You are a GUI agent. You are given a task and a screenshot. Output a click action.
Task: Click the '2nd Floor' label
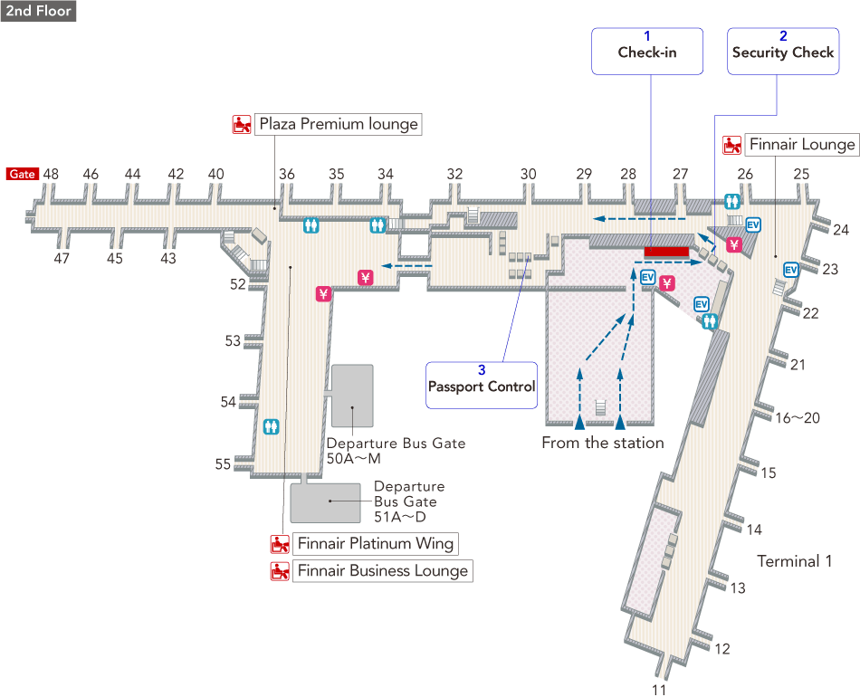coord(38,11)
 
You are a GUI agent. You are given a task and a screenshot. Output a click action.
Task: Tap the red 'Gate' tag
coord(23,174)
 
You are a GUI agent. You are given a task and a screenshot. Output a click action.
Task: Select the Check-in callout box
coord(647,51)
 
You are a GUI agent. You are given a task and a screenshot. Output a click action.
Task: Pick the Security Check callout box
coord(783,51)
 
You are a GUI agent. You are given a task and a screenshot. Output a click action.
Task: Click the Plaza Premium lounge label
coord(339,124)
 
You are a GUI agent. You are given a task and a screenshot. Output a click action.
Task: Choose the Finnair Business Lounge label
coord(383,571)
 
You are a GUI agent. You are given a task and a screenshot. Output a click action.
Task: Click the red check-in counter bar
coord(666,251)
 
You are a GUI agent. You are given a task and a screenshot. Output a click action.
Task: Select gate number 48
coord(52,174)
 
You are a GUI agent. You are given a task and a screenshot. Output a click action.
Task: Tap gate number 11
coord(658,690)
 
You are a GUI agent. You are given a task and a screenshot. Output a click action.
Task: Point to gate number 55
coord(223,464)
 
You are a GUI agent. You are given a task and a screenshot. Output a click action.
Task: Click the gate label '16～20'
coord(798,418)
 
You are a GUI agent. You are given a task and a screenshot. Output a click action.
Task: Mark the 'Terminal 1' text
coord(794,561)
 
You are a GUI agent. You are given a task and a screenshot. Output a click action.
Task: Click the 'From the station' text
coord(603,444)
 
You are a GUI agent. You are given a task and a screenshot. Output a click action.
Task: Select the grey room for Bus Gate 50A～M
coord(352,396)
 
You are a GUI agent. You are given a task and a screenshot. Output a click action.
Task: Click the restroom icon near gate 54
coord(271,426)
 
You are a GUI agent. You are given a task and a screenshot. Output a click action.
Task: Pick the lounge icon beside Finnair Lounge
coord(732,145)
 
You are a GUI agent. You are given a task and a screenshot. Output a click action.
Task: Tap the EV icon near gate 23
coord(790,270)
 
